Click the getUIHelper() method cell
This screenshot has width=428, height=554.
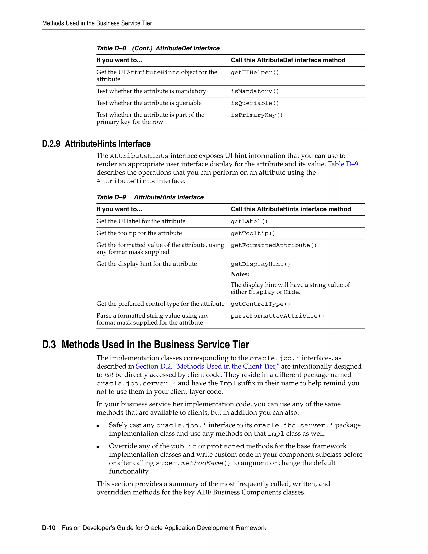tap(255, 73)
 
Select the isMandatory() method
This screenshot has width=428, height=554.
tap(255, 91)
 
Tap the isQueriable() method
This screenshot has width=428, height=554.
tap(255, 103)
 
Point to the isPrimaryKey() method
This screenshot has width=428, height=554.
tap(257, 115)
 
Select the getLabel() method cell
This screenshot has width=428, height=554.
tap(249, 221)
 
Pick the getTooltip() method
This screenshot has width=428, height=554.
tap(253, 233)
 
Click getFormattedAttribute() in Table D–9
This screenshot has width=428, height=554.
tap(274, 245)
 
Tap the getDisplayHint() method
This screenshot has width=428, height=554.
tap(260, 264)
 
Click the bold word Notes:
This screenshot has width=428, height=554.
tap(240, 274)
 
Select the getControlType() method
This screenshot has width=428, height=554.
tap(260, 304)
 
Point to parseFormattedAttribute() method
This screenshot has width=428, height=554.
tap(277, 316)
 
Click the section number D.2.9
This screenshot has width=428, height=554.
tap(51, 144)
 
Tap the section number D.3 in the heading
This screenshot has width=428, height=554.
tap(49, 345)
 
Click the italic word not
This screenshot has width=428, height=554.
tap(109, 375)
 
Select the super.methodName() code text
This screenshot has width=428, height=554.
tap(193, 463)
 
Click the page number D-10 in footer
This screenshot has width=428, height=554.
tap(49, 528)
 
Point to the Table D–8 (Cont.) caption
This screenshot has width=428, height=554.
tap(158, 48)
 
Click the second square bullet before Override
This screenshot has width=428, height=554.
tap(98, 447)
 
